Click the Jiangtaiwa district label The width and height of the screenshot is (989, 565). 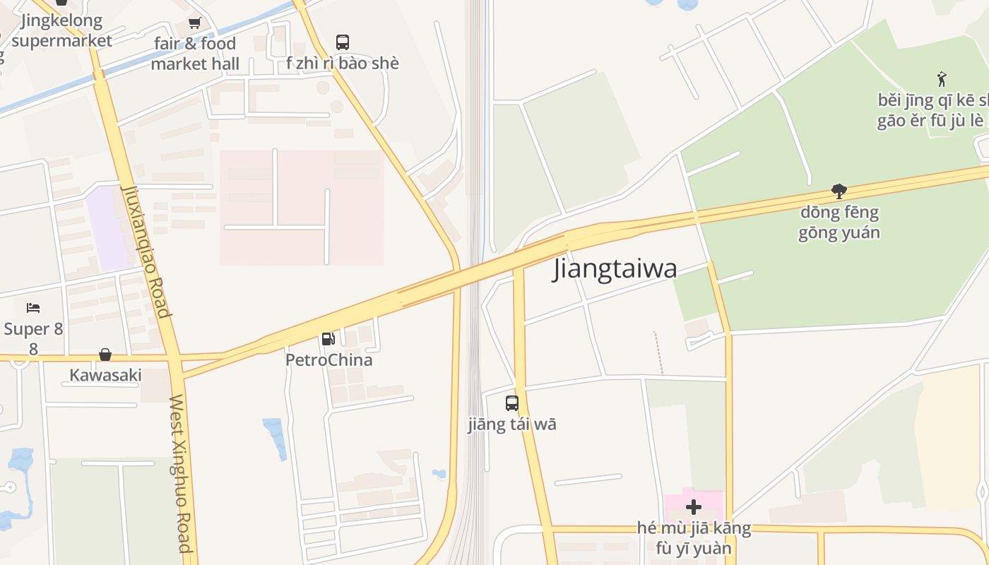pyautogui.click(x=615, y=268)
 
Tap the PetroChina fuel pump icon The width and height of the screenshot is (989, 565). pyautogui.click(x=328, y=339)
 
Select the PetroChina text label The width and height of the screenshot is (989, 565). pyautogui.click(x=328, y=360)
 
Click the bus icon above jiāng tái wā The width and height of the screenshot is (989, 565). pyautogui.click(x=512, y=403)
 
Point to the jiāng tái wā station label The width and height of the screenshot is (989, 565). pyautogui.click(x=512, y=424)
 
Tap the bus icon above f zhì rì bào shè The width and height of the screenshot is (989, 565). pyautogui.click(x=343, y=42)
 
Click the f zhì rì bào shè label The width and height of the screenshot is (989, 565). pyautogui.click(x=343, y=64)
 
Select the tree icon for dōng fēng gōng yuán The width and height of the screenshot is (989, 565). pyautogui.click(x=839, y=191)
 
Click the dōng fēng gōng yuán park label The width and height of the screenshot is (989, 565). pyautogui.click(x=839, y=222)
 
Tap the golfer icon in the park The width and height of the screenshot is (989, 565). pyautogui.click(x=941, y=78)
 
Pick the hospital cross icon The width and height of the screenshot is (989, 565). pyautogui.click(x=694, y=506)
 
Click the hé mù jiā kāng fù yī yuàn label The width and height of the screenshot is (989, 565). pyautogui.click(x=694, y=538)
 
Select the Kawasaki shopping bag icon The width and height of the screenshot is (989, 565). pyautogui.click(x=105, y=354)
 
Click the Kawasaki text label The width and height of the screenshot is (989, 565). pyautogui.click(x=105, y=375)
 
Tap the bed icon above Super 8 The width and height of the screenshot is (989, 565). pyautogui.click(x=33, y=308)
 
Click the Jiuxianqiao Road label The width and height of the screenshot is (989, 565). pyautogui.click(x=146, y=251)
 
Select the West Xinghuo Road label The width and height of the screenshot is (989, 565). pyautogui.click(x=181, y=473)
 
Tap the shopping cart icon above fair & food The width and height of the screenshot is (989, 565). pyautogui.click(x=194, y=23)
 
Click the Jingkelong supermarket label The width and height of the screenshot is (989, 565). pyautogui.click(x=61, y=30)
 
